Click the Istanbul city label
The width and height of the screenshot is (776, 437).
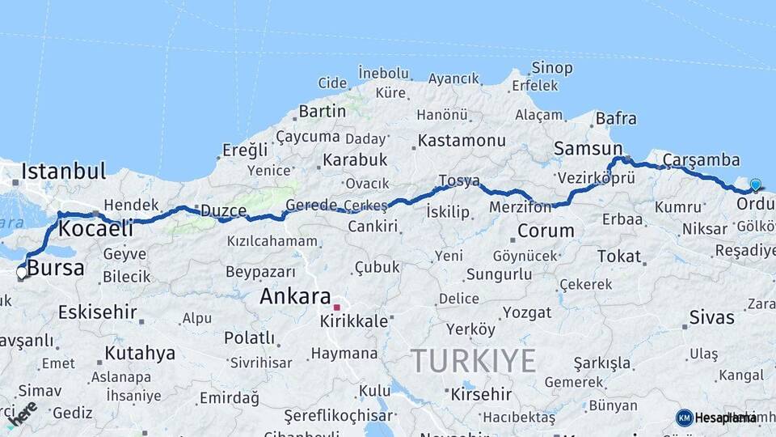point(64,172)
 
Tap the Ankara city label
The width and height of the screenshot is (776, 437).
point(295,296)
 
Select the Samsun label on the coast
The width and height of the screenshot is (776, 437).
point(588,149)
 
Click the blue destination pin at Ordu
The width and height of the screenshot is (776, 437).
point(756,185)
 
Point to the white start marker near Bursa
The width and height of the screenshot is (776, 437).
point(21,273)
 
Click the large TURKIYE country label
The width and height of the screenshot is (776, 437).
point(473,360)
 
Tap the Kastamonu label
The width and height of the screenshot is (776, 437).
point(462,141)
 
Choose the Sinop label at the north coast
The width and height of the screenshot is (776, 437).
point(552,68)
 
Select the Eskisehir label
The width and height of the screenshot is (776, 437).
point(97,311)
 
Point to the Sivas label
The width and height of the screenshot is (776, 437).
point(711,316)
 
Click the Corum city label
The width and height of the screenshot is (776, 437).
point(545,231)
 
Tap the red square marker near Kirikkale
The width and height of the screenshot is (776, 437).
point(336,308)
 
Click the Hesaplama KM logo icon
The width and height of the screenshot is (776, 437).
point(684,418)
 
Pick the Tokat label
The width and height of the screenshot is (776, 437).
point(618,257)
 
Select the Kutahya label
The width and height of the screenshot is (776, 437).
point(139,353)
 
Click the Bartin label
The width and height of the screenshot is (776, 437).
point(322,111)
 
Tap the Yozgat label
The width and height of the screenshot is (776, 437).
point(526,312)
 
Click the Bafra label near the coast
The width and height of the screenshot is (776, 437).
point(616,119)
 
